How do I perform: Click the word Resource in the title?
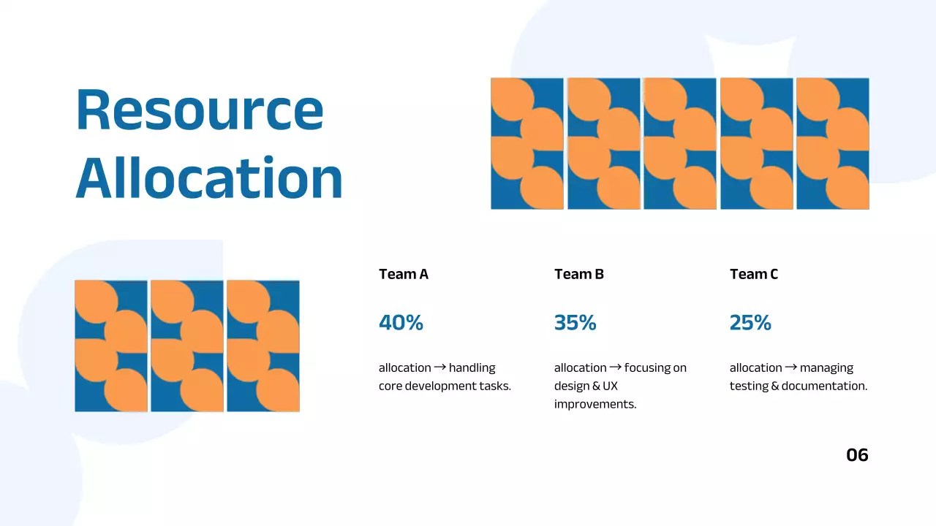tap(200, 110)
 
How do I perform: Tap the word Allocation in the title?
tap(209, 178)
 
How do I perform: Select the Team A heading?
tap(404, 274)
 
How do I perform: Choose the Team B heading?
tap(579, 274)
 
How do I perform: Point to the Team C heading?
tap(754, 274)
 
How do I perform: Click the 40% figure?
tap(401, 322)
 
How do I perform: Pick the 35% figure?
tap(575, 322)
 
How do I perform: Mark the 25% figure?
tap(750, 322)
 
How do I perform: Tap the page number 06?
tap(857, 455)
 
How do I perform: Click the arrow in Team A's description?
tap(439, 367)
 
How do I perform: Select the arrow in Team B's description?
tap(615, 367)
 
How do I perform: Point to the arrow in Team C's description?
tap(790, 367)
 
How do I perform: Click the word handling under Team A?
tap(472, 367)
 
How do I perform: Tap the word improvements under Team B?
tap(595, 404)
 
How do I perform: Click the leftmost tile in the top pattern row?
tap(527, 144)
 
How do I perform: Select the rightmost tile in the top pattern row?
tap(833, 144)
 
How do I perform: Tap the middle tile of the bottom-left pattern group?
tap(187, 346)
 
